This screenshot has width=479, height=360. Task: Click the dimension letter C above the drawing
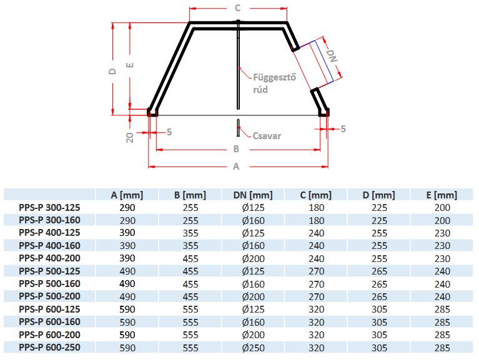pos(237,8)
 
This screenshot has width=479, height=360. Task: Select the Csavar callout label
pos(267,135)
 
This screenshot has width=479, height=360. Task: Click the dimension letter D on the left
pos(112,71)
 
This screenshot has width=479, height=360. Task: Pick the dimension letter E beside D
pos(129,65)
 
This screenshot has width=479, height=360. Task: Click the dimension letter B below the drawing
pos(237,149)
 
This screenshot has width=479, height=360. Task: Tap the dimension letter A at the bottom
pos(236,167)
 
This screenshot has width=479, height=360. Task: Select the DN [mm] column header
pos(253,195)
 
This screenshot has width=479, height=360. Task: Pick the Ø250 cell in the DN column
pos(253,347)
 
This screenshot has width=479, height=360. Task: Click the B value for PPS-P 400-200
pos(190,258)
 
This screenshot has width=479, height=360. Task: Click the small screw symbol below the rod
pos(239,127)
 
